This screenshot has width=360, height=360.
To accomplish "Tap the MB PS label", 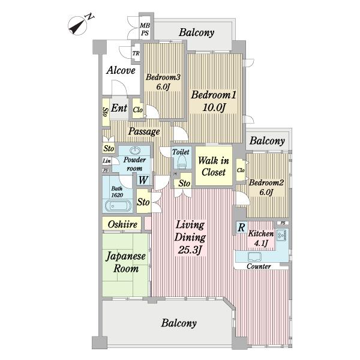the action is coord(145,29).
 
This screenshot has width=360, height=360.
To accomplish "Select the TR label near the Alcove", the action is coord(136,53).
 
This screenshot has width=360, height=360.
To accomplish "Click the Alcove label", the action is coord(121,70).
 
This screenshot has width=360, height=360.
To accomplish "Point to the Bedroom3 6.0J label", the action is coord(163,82).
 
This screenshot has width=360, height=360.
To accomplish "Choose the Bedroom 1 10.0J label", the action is coord(214,101).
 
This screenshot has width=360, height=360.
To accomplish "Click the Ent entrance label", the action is coord(119,108).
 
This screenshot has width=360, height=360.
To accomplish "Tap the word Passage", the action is coord(144,131).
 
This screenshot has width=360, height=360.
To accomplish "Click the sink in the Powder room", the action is coord(135,151).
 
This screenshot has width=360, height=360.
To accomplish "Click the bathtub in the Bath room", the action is coord(118,206).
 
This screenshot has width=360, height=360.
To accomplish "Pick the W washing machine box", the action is coord(143,180).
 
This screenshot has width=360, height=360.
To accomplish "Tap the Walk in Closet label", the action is coord(214,166).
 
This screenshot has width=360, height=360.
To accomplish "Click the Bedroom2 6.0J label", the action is coord(266,187).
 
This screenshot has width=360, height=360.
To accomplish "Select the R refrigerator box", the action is coord(242,227).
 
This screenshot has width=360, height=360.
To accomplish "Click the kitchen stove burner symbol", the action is coord(281,235).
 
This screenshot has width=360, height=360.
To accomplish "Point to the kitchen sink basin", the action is coord(254,257).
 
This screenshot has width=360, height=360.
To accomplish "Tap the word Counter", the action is coord(259,266).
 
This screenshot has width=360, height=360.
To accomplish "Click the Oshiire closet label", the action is coord(122,224).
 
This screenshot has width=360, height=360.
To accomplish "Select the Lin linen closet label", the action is coord(107,161).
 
